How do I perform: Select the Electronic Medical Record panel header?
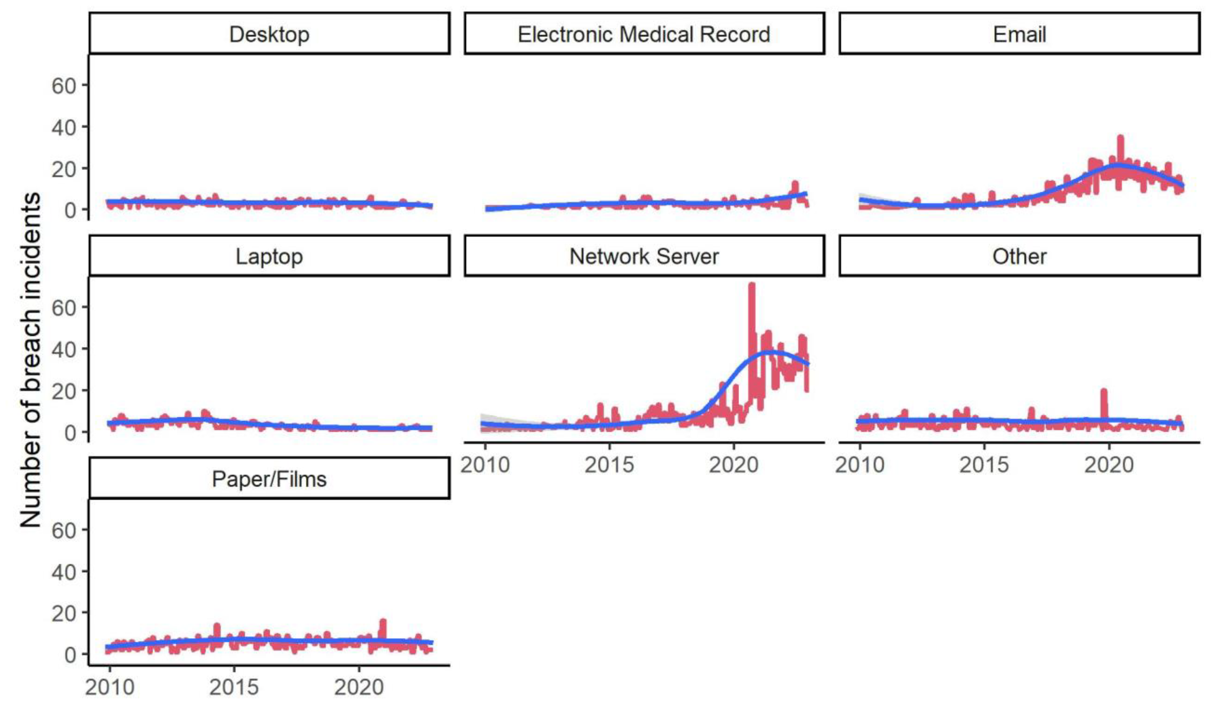644,34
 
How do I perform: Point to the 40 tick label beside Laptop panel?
63,349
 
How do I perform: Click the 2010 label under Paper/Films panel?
110,687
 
